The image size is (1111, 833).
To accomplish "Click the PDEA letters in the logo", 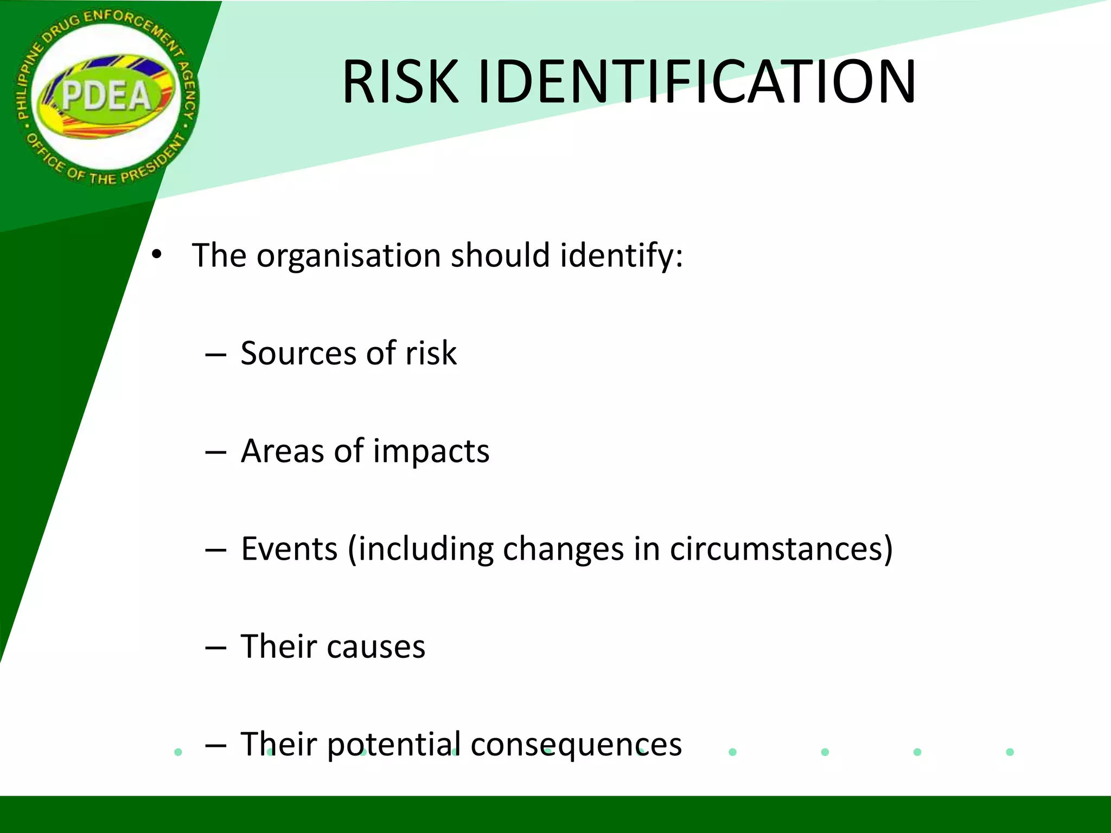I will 106,96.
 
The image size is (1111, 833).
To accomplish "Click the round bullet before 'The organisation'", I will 157,254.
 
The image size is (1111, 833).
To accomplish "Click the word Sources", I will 298,353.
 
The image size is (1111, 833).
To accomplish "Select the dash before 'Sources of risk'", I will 215,355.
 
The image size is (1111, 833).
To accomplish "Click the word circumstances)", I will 781,549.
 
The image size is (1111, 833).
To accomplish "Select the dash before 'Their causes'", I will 215,648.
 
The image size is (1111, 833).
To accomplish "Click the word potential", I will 394,745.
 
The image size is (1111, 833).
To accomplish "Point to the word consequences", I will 576,745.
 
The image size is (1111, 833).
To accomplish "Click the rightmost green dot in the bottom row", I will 1010,752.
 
